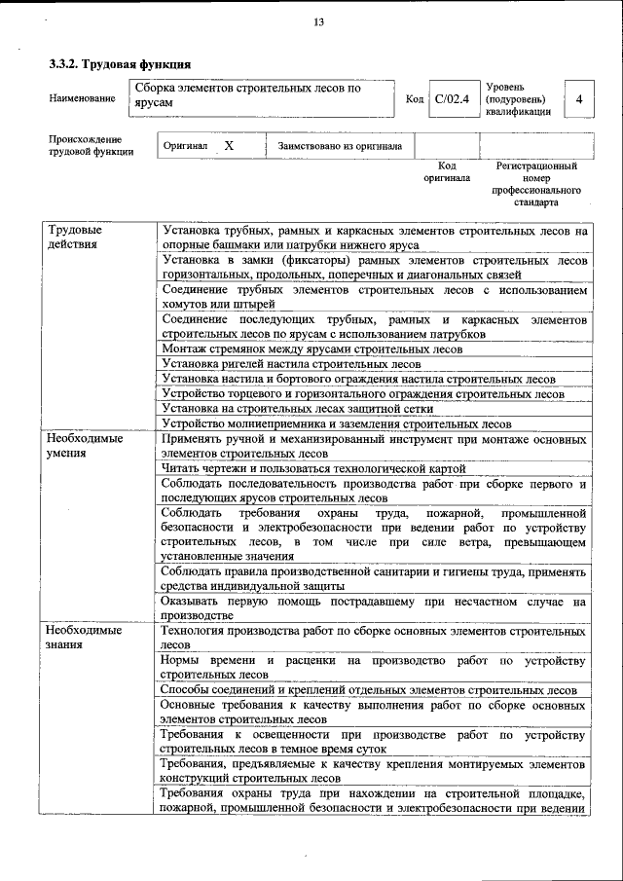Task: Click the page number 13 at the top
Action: [x=318, y=22]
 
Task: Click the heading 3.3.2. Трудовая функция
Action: [x=120, y=64]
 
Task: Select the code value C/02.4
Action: [x=452, y=99]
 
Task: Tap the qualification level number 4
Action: [x=580, y=99]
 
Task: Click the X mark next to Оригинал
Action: [x=228, y=145]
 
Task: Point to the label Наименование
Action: [x=81, y=99]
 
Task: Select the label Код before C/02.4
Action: [x=414, y=99]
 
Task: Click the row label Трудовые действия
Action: [x=74, y=238]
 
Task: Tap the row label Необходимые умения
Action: [x=86, y=446]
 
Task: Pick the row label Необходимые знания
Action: [x=86, y=639]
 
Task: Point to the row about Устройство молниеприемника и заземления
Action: [x=337, y=424]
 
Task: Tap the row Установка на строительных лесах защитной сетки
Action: [x=298, y=409]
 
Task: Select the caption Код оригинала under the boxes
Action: [x=447, y=172]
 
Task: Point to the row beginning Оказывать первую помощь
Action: [x=374, y=608]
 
